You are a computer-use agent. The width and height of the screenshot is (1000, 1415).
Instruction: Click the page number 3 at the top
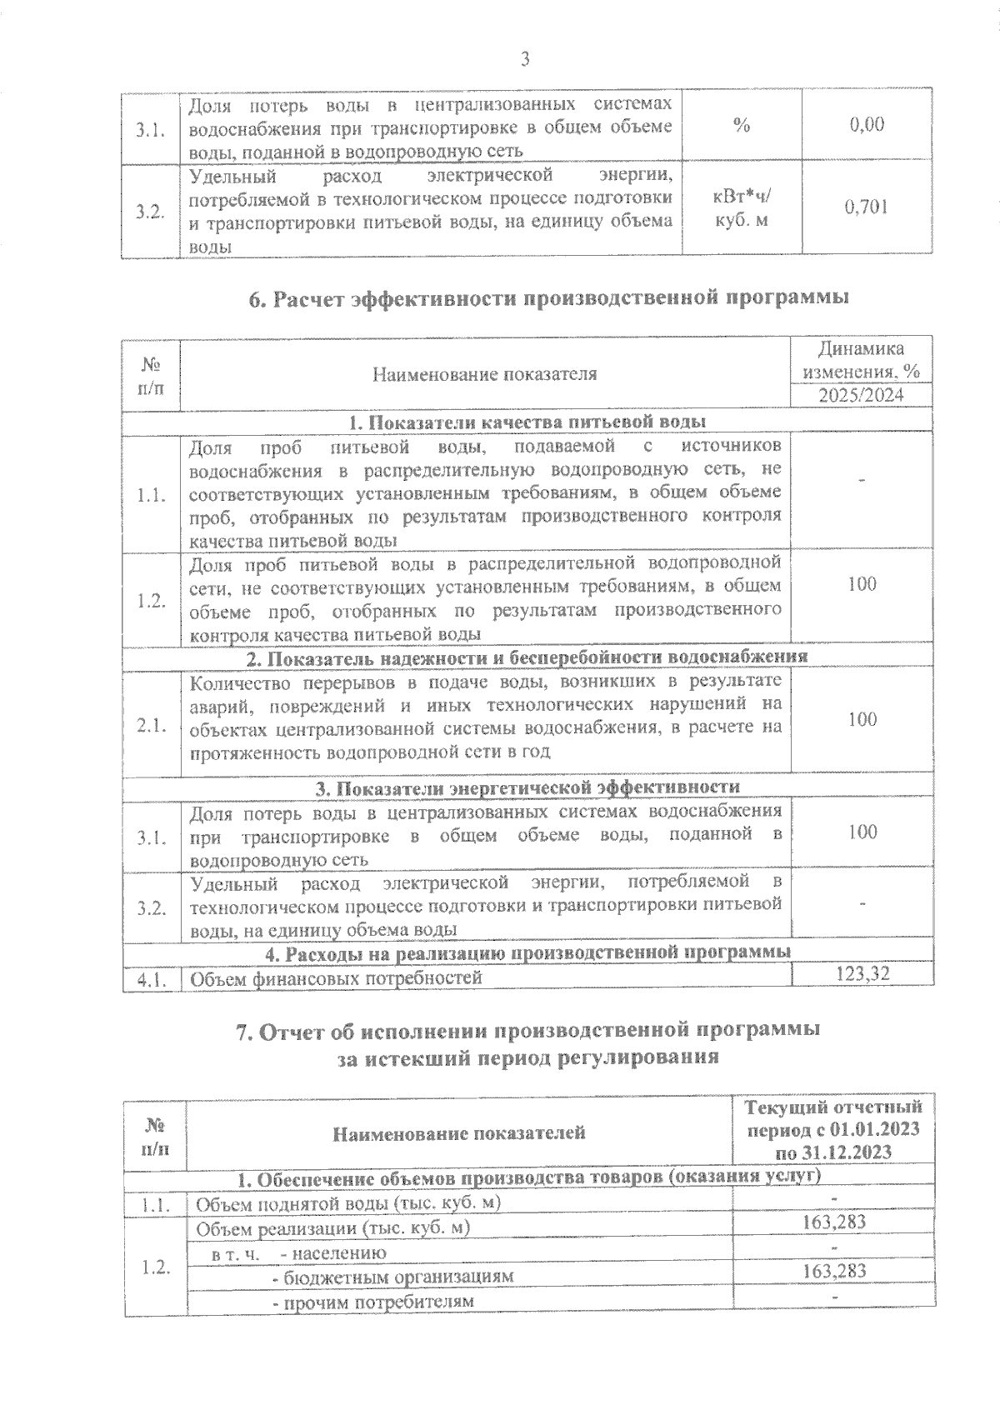point(525,58)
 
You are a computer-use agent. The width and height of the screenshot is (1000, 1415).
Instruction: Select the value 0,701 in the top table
point(866,207)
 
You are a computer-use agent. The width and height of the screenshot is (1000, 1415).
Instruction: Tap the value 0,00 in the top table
point(867,125)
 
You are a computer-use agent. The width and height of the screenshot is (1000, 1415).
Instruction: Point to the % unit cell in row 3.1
point(742,126)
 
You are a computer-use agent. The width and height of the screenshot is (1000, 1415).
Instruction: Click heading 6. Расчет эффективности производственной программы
point(549,297)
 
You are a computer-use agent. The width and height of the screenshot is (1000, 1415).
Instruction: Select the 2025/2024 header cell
point(861,395)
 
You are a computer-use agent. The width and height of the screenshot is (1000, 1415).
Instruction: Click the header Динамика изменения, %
point(861,359)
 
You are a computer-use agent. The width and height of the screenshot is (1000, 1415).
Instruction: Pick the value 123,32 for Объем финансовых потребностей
point(862,972)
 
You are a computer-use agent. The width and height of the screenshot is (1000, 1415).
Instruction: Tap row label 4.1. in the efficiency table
point(152,978)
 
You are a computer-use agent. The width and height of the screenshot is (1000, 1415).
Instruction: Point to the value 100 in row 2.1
point(862,719)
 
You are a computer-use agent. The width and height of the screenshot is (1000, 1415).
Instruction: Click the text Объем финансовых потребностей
point(337,978)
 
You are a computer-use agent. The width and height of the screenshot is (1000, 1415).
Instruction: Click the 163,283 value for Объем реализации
point(834,1222)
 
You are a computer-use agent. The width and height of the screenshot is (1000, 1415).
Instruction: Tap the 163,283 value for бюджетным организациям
point(834,1271)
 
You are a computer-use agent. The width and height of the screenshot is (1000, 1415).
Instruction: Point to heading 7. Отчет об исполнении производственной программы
point(528,1030)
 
